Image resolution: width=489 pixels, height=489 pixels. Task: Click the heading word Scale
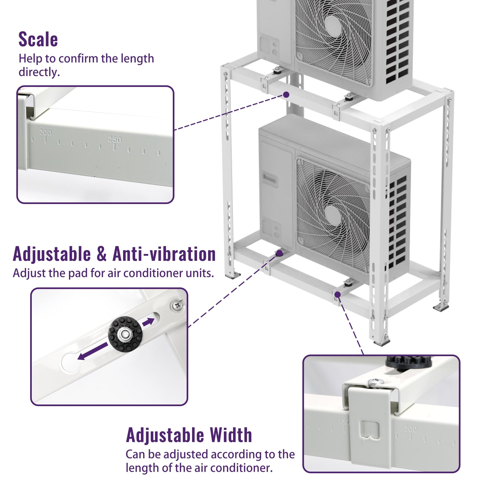coord(38,40)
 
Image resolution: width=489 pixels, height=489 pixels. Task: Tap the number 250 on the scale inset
coord(115,140)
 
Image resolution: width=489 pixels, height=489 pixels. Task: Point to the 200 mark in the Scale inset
coord(45,133)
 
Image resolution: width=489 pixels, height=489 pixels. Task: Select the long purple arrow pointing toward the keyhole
coord(92,352)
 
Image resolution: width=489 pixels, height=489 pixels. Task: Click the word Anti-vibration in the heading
coord(164,254)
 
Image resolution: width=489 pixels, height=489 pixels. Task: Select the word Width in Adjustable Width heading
coord(231,435)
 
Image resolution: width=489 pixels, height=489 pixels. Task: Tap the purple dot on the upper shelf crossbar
coord(286,95)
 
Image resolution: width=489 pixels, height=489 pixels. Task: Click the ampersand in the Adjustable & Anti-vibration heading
coord(101,254)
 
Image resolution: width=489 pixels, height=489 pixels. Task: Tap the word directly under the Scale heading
coord(39,72)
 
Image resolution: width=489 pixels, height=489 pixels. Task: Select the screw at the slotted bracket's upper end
coord(177,305)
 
